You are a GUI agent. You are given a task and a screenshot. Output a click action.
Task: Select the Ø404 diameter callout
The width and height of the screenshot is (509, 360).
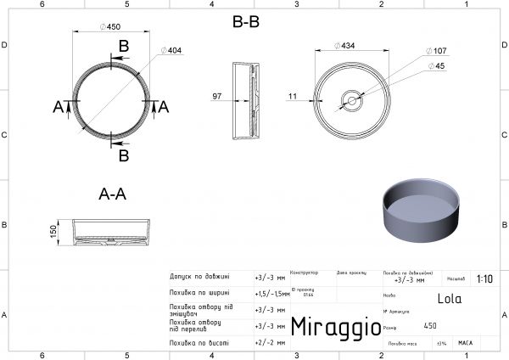click(x=171, y=51)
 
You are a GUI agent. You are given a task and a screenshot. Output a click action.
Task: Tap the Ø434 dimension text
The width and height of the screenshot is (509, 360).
click(x=345, y=46)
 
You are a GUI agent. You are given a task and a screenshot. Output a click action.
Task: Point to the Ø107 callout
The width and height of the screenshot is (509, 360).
click(x=439, y=52)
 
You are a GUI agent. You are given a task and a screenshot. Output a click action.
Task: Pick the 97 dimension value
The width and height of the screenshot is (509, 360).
click(x=217, y=97)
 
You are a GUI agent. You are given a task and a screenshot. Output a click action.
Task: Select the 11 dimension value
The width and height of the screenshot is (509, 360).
click(x=293, y=97)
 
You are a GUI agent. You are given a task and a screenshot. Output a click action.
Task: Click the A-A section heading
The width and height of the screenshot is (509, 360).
click(x=112, y=194)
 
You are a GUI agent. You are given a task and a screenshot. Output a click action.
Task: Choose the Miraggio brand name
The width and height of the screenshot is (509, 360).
click(x=330, y=327)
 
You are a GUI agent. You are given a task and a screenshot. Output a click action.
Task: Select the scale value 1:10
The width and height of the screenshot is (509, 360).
click(x=484, y=278)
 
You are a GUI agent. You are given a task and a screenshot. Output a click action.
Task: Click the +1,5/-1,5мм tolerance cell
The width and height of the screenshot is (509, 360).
click(x=269, y=293)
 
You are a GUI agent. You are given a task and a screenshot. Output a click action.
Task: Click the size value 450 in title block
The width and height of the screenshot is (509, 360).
click(x=430, y=326)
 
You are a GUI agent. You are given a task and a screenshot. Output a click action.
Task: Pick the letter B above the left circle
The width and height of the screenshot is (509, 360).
click(x=124, y=45)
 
